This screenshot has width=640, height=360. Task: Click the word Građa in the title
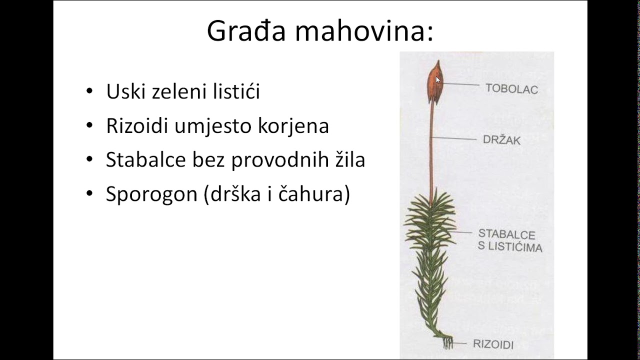pos(245,31)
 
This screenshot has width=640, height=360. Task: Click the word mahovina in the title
pos(363,31)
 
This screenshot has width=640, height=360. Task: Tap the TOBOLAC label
pos(511,89)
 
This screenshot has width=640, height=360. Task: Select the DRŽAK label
pos(501,140)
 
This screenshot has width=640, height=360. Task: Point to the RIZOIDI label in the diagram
pos(493,344)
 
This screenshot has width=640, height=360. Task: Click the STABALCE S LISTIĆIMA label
pos(509,240)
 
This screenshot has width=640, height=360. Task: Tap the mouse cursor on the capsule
pos(438,80)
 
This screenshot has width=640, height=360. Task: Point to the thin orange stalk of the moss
pos(431,150)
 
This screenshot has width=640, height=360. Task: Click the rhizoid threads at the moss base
pos(447,342)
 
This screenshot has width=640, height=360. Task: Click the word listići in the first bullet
pos(234,91)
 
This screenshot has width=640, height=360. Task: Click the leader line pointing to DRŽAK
pos(454,138)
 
